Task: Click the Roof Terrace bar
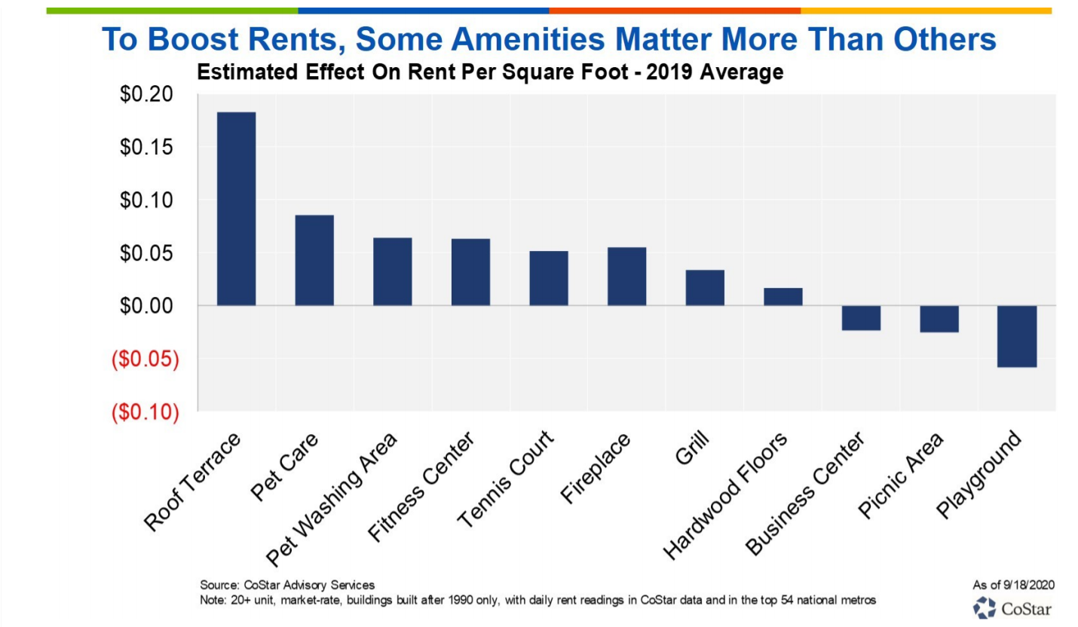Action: click(236, 209)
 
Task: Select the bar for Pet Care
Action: click(314, 260)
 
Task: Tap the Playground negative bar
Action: click(1017, 336)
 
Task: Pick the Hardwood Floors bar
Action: click(782, 296)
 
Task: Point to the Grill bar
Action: click(705, 287)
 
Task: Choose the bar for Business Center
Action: click(861, 318)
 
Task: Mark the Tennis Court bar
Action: click(548, 278)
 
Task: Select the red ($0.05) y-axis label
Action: click(145, 359)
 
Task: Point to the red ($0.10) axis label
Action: click(145, 412)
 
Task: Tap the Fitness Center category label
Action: click(421, 487)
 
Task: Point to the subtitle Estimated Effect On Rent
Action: click(490, 73)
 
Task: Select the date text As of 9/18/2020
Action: click(1013, 584)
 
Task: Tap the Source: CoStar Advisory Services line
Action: click(286, 584)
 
